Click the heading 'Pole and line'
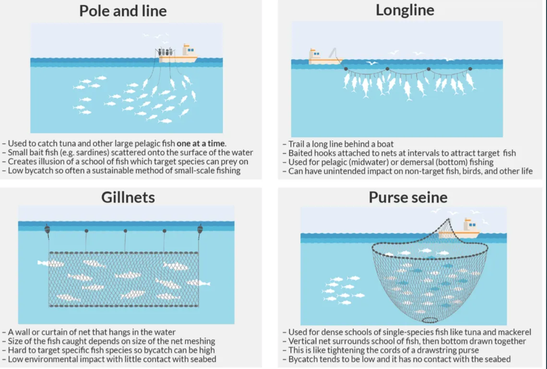click(123, 11)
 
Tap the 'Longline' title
click(404, 10)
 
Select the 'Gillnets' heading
click(128, 197)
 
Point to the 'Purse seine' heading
click(408, 197)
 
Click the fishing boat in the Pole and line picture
click(178, 54)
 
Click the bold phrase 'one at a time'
click(201, 143)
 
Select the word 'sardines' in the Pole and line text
click(95, 152)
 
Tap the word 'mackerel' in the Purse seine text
click(514, 332)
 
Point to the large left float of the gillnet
click(47, 230)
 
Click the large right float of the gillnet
click(200, 230)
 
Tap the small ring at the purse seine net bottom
click(430, 320)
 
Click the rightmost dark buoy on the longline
click(470, 69)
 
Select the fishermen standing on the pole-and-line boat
click(166, 52)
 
